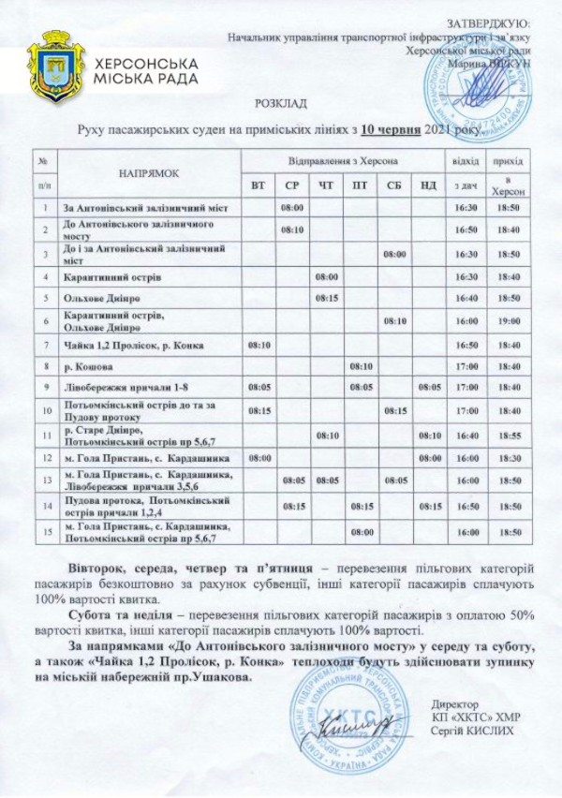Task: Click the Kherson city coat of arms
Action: [x=55, y=66]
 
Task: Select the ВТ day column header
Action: [x=259, y=185]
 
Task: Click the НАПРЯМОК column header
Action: [x=148, y=173]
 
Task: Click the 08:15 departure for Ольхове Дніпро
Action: [x=327, y=298]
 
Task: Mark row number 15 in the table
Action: [x=45, y=531]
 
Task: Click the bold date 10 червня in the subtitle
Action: [x=392, y=130]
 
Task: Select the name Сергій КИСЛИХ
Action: [x=474, y=731]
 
